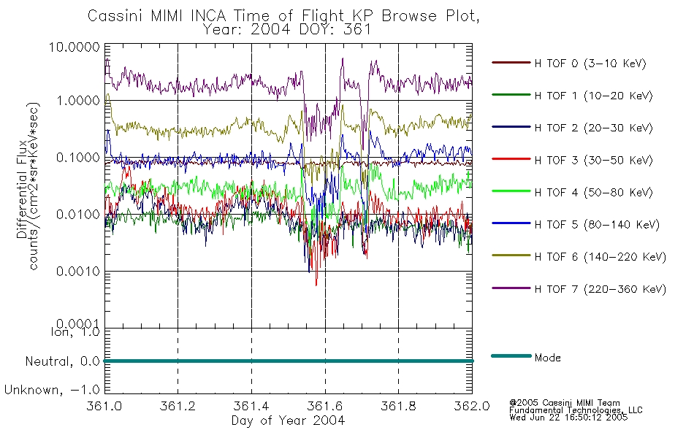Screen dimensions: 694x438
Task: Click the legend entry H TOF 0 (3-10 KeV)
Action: (590, 64)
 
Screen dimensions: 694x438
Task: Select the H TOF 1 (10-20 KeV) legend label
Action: (593, 96)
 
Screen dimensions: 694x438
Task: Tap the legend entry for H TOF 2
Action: (593, 128)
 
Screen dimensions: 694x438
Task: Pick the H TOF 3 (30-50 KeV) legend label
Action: (593, 160)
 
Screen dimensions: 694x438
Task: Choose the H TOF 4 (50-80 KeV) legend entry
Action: (593, 193)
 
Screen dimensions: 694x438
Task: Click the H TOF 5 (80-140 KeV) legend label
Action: (597, 225)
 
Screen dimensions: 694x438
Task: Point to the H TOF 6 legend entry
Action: (600, 257)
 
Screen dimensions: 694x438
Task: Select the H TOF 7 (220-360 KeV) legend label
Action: (600, 289)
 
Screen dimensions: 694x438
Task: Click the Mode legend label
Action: (547, 358)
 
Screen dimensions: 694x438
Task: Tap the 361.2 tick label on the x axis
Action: (178, 406)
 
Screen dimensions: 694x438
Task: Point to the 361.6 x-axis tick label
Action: (325, 406)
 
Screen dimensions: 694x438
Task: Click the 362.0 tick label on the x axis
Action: (472, 406)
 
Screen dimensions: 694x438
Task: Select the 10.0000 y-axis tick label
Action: (74, 47)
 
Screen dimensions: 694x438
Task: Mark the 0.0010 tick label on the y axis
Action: (78, 272)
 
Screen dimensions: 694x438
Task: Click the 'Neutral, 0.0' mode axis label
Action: (62, 361)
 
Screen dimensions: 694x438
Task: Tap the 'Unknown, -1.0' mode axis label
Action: (52, 390)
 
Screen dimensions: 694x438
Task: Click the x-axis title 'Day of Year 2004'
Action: (288, 420)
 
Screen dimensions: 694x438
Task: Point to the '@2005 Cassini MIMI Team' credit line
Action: (564, 403)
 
